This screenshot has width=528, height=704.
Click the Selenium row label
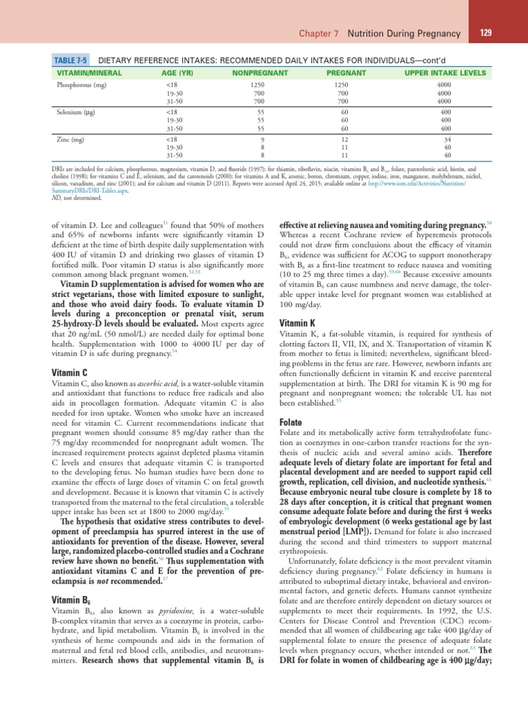[x=76, y=111]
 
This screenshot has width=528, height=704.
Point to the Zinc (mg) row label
[x=70, y=138]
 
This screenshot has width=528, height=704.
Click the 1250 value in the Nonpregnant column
[x=256, y=85]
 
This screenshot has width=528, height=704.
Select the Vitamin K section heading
[x=297, y=322]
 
